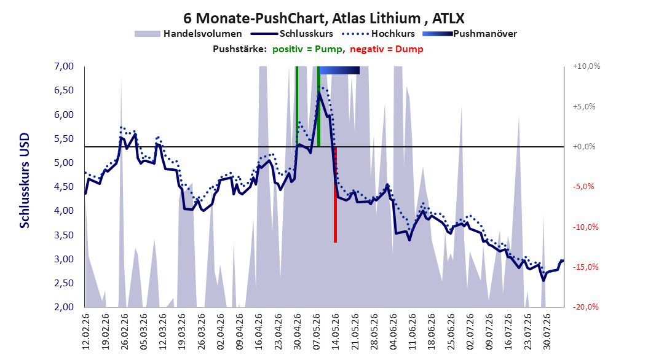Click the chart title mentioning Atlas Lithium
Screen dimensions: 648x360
(x=324, y=18)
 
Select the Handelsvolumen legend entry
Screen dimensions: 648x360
(x=189, y=34)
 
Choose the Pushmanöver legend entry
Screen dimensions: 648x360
(x=470, y=34)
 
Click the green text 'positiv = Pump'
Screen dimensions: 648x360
(x=307, y=49)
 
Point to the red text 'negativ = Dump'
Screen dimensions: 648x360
(x=387, y=49)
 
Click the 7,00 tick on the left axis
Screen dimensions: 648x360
(x=64, y=66)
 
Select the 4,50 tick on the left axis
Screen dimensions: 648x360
(x=64, y=187)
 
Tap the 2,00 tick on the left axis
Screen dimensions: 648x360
(x=64, y=307)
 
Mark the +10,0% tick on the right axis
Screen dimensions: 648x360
(x=587, y=66)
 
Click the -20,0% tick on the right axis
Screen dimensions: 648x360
(x=585, y=307)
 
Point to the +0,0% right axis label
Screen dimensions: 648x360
(x=584, y=147)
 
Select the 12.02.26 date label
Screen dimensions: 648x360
(x=86, y=332)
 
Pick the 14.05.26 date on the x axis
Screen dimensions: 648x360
(x=336, y=332)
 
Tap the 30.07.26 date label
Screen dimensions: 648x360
(x=547, y=332)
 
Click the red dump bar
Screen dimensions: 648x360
(x=335, y=195)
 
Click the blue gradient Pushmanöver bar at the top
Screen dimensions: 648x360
(x=339, y=71)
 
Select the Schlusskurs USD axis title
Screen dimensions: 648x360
(x=25, y=181)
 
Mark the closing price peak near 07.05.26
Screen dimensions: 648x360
(x=319, y=93)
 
